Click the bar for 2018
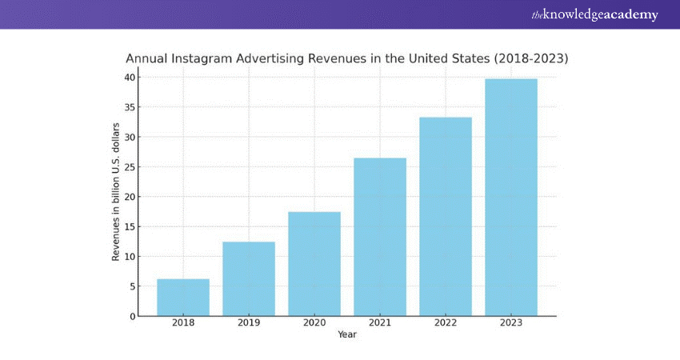(x=183, y=298)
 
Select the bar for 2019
(x=249, y=279)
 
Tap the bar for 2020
(x=314, y=264)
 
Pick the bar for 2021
(x=380, y=238)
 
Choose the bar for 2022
(x=446, y=217)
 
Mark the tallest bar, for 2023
(x=511, y=198)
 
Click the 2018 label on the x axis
(x=183, y=323)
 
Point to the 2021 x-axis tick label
(x=380, y=323)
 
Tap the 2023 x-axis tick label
(x=511, y=323)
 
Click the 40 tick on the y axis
(x=128, y=78)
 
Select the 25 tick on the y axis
(x=128, y=167)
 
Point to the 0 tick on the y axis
(x=131, y=316)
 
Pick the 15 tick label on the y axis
(x=128, y=226)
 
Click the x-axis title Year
(x=347, y=334)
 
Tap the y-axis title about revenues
(x=116, y=192)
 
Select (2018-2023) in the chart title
(x=530, y=59)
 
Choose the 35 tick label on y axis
(x=128, y=107)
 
